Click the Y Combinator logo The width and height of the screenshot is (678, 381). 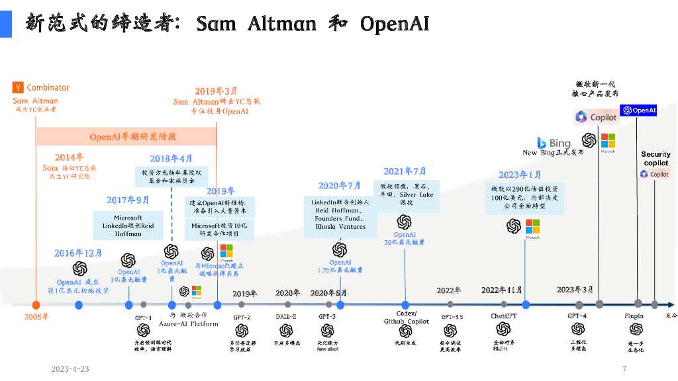tap(41, 87)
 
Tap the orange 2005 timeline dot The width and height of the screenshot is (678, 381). tap(36, 305)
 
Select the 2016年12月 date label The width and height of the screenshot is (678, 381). tap(78, 253)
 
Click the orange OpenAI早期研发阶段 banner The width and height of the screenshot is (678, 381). tap(126, 137)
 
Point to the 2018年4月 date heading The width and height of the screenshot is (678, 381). tap(171, 159)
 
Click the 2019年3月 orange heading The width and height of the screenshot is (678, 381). tap(216, 91)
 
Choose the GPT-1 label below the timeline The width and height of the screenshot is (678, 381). tap(144, 318)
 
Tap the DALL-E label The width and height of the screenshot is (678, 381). tap(286, 317)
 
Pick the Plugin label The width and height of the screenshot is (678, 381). tap(634, 316)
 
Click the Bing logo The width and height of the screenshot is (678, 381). tap(554, 143)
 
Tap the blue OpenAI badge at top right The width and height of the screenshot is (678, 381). tap(638, 110)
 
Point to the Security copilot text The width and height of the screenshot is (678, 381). tap(655, 159)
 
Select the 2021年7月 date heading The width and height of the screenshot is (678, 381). tap(405, 171)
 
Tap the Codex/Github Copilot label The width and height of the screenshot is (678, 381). tap(406, 317)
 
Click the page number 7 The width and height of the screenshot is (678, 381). tap(624, 369)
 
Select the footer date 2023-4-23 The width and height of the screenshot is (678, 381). tap(70, 369)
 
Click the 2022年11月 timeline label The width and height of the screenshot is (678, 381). tap(501, 290)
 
